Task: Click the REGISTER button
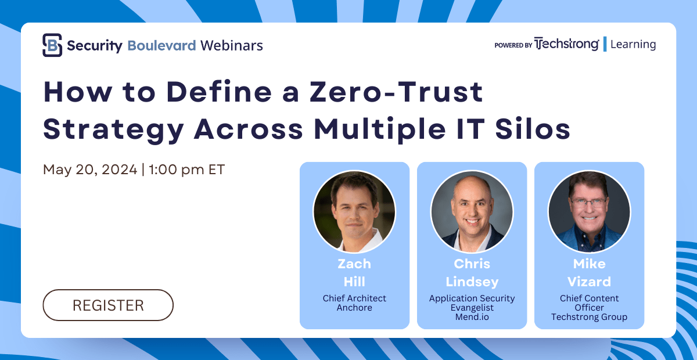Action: (108, 305)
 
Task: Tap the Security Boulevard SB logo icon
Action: (52, 45)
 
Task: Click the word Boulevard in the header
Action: (161, 45)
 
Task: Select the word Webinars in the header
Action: (232, 45)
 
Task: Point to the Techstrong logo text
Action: (567, 44)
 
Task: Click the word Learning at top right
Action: (633, 44)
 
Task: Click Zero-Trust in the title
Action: (396, 92)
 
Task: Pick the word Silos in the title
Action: (533, 129)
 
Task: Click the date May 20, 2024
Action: (90, 170)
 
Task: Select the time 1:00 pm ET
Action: (186, 170)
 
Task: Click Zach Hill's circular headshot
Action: (354, 211)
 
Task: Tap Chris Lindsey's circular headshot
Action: (472, 211)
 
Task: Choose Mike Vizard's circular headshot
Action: (590, 211)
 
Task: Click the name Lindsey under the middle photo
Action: (472, 282)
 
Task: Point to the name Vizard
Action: (590, 282)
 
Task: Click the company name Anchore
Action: (354, 308)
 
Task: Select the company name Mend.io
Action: (472, 317)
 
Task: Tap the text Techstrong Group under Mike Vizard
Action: (590, 318)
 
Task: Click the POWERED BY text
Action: (513, 45)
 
